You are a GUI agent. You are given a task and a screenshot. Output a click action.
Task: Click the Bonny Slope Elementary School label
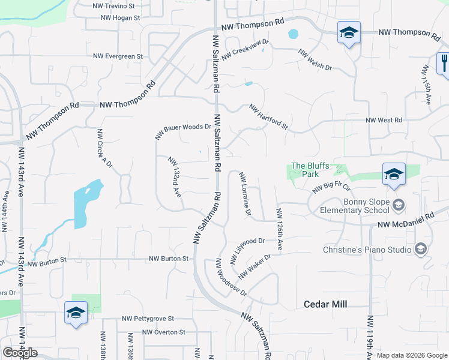pyautogui.click(x=355, y=206)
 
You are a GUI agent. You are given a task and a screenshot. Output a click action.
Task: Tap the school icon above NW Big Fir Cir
pyautogui.click(x=394, y=174)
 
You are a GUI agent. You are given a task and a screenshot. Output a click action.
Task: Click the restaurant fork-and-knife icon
pyautogui.click(x=444, y=62)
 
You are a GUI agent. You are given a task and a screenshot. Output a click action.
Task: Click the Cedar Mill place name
pyautogui.click(x=325, y=305)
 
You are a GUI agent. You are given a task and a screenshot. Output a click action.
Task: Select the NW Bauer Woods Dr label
pyautogui.click(x=183, y=131)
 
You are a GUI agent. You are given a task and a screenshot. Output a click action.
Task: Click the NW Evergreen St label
pyautogui.click(x=118, y=56)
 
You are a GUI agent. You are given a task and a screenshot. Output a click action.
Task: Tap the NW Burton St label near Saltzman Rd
pyautogui.click(x=169, y=259)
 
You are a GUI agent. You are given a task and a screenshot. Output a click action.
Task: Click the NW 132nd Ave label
pyautogui.click(x=175, y=177)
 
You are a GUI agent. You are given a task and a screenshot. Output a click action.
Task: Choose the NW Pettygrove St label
pyautogui.click(x=148, y=319)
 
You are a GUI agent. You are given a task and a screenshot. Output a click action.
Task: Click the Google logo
pyautogui.click(x=20, y=353)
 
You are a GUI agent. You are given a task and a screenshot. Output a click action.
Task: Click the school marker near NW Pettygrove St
pyautogui.click(x=76, y=313)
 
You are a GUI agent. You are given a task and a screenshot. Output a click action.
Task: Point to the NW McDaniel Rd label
pyautogui.click(x=405, y=221)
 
